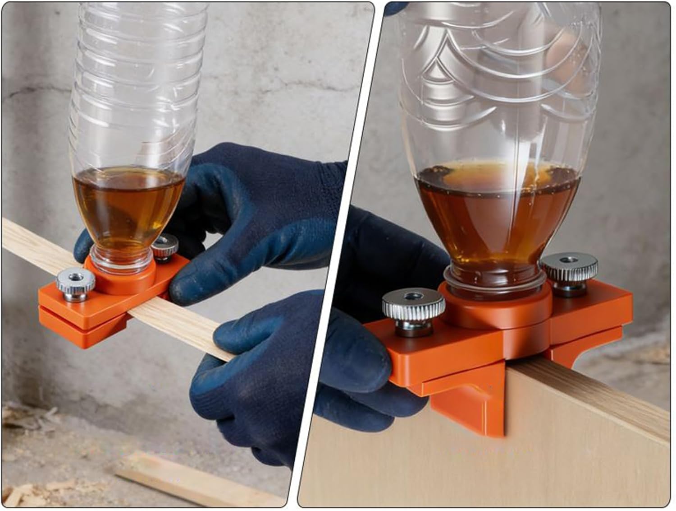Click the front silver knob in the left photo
click(75, 283)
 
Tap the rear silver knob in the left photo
click(165, 246)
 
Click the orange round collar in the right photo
click(496, 311)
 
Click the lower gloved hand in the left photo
click(252, 384)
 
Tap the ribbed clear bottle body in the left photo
click(135, 90)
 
